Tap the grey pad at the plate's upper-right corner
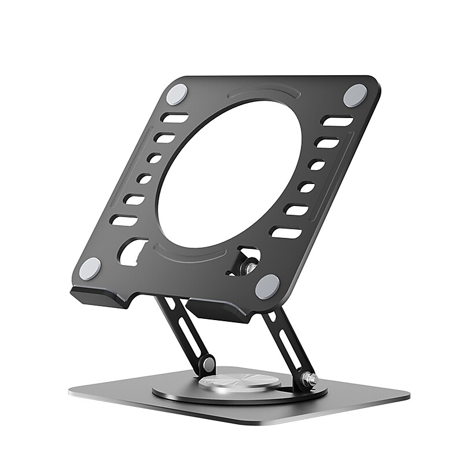355,95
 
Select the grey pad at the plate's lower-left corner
90,269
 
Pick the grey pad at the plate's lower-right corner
267,286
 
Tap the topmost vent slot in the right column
337,122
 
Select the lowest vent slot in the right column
285,233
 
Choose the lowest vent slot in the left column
124,221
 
